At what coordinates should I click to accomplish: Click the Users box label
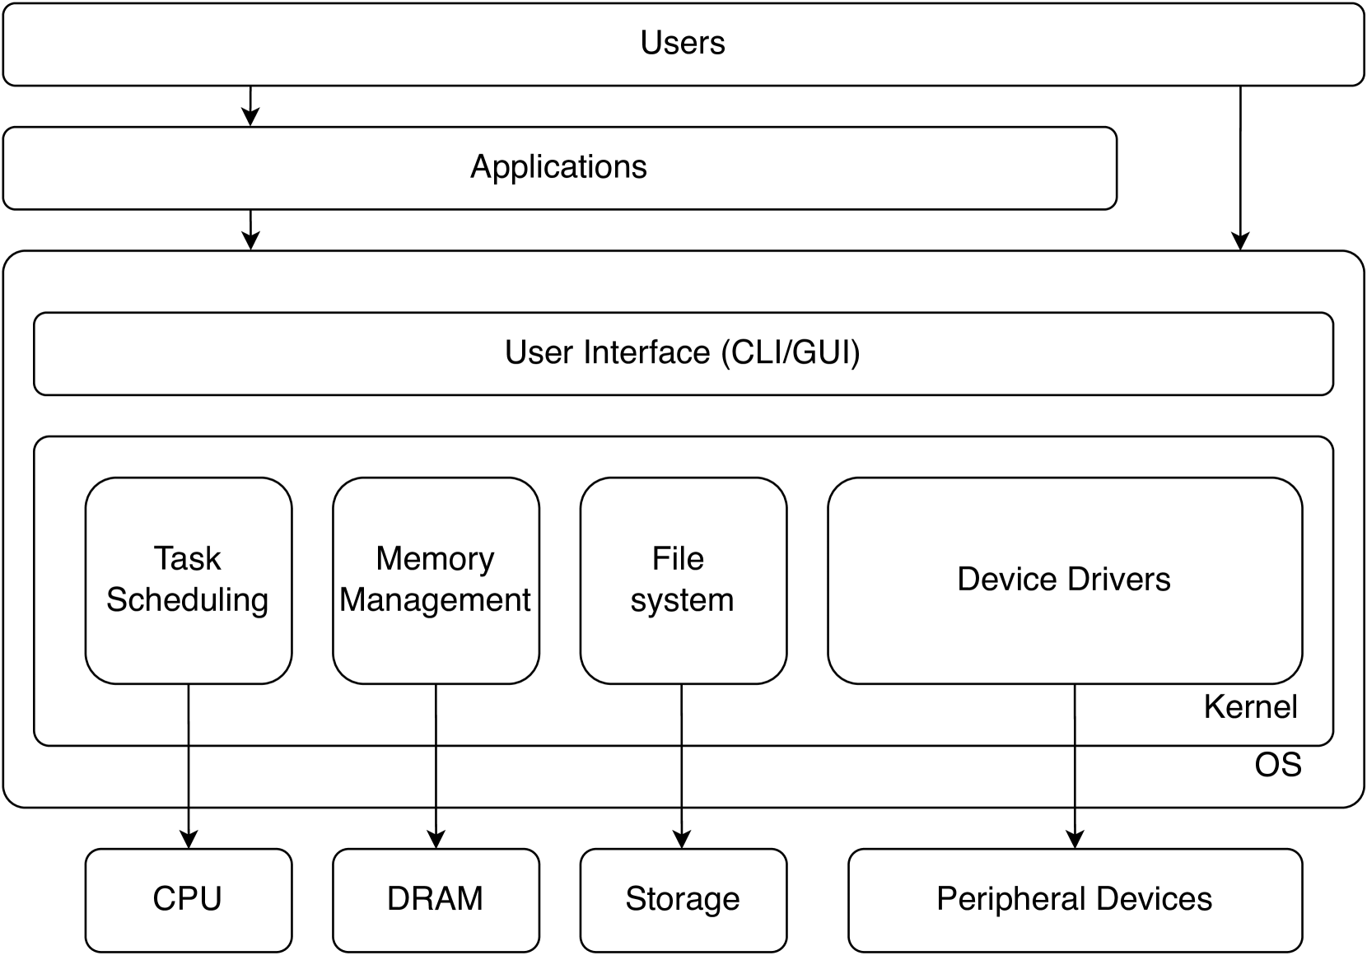pyautogui.click(x=683, y=43)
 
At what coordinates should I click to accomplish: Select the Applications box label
pyautogui.click(x=558, y=167)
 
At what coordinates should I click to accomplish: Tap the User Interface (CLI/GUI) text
pyautogui.click(x=682, y=352)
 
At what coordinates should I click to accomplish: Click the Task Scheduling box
pyautogui.click(x=188, y=580)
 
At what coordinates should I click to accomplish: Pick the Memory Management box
pyautogui.click(x=435, y=580)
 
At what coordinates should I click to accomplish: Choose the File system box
pyautogui.click(x=682, y=580)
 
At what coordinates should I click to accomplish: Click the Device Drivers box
pyautogui.click(x=1064, y=580)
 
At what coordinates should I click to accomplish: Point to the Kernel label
pyautogui.click(x=1249, y=707)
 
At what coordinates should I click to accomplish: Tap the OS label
pyautogui.click(x=1277, y=765)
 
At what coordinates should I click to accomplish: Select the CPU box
pyautogui.click(x=188, y=899)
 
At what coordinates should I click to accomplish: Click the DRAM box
pyautogui.click(x=435, y=899)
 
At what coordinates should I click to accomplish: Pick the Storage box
pyautogui.click(x=682, y=899)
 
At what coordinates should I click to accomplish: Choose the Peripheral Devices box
pyautogui.click(x=1074, y=899)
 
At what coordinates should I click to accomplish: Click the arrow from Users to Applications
pyautogui.click(x=250, y=106)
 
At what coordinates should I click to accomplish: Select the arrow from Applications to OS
pyautogui.click(x=250, y=230)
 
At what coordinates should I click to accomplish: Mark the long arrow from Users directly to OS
pyautogui.click(x=1240, y=165)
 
